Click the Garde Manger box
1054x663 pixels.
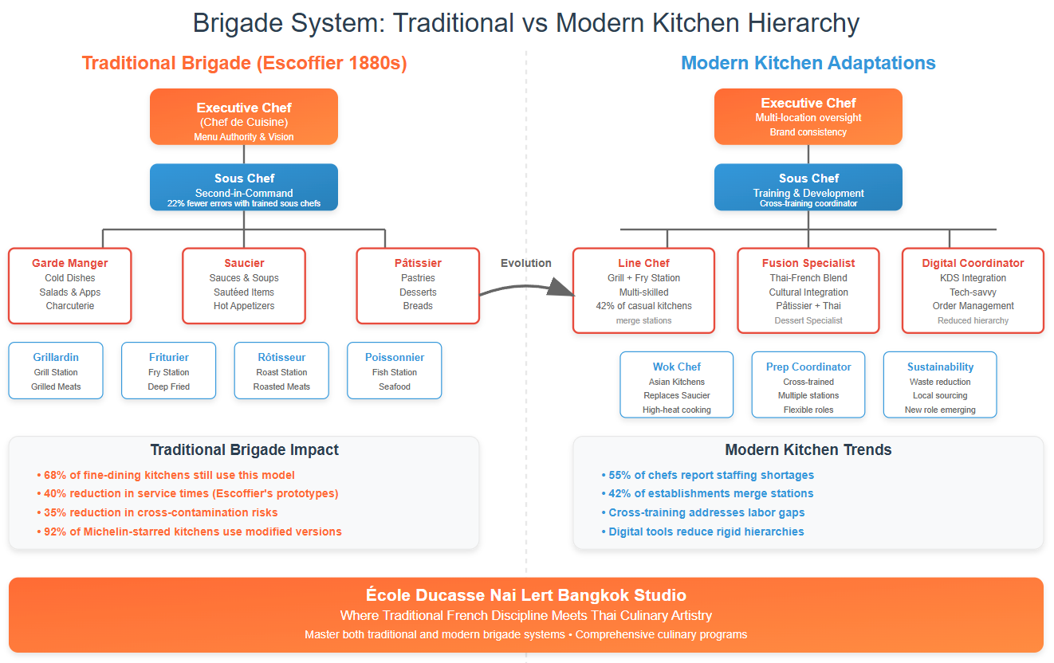69,286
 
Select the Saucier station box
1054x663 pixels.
244,286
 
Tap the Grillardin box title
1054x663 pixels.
56,357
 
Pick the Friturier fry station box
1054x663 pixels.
168,371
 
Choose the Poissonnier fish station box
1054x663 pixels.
395,371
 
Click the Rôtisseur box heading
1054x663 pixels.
281,357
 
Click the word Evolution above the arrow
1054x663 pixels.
525,263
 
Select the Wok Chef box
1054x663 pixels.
677,385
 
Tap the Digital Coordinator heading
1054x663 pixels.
973,263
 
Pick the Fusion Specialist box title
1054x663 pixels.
808,263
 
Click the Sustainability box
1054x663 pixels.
940,385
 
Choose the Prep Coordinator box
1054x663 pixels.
808,385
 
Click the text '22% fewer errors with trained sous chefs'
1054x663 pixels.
244,204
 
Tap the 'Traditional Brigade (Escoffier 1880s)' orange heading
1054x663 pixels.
244,63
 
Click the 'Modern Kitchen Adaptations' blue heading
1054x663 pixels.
808,63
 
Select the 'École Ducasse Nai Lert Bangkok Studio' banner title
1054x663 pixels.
526,595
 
